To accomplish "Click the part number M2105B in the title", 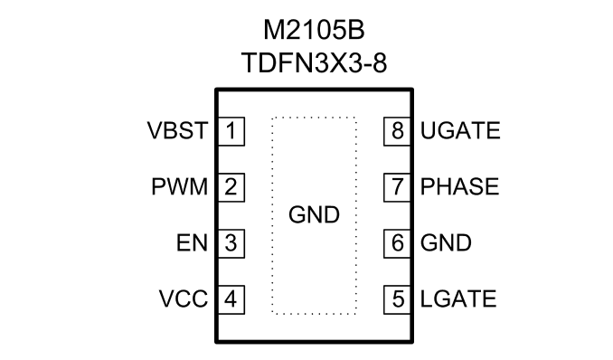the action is click(314, 30).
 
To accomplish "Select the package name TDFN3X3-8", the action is click(314, 62).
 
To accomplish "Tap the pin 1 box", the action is click(231, 131).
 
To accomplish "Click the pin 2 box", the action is click(231, 187).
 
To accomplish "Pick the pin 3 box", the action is click(231, 243).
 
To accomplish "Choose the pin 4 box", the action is click(231, 299).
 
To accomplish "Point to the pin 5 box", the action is click(397, 299).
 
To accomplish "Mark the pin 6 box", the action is click(397, 243).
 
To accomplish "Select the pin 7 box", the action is click(397, 187).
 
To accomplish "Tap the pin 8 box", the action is click(397, 131).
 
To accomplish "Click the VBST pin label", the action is click(177, 130).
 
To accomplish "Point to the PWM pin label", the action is click(179, 186).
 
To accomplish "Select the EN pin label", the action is click(192, 243).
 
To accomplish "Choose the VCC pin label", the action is click(183, 299).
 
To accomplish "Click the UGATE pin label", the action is click(460, 130).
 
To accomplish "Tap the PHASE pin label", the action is click(459, 186).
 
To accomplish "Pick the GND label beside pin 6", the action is click(446, 243).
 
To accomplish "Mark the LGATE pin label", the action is click(458, 299).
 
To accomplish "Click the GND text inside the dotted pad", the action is click(314, 215).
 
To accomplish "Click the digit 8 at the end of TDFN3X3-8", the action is click(380, 62).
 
